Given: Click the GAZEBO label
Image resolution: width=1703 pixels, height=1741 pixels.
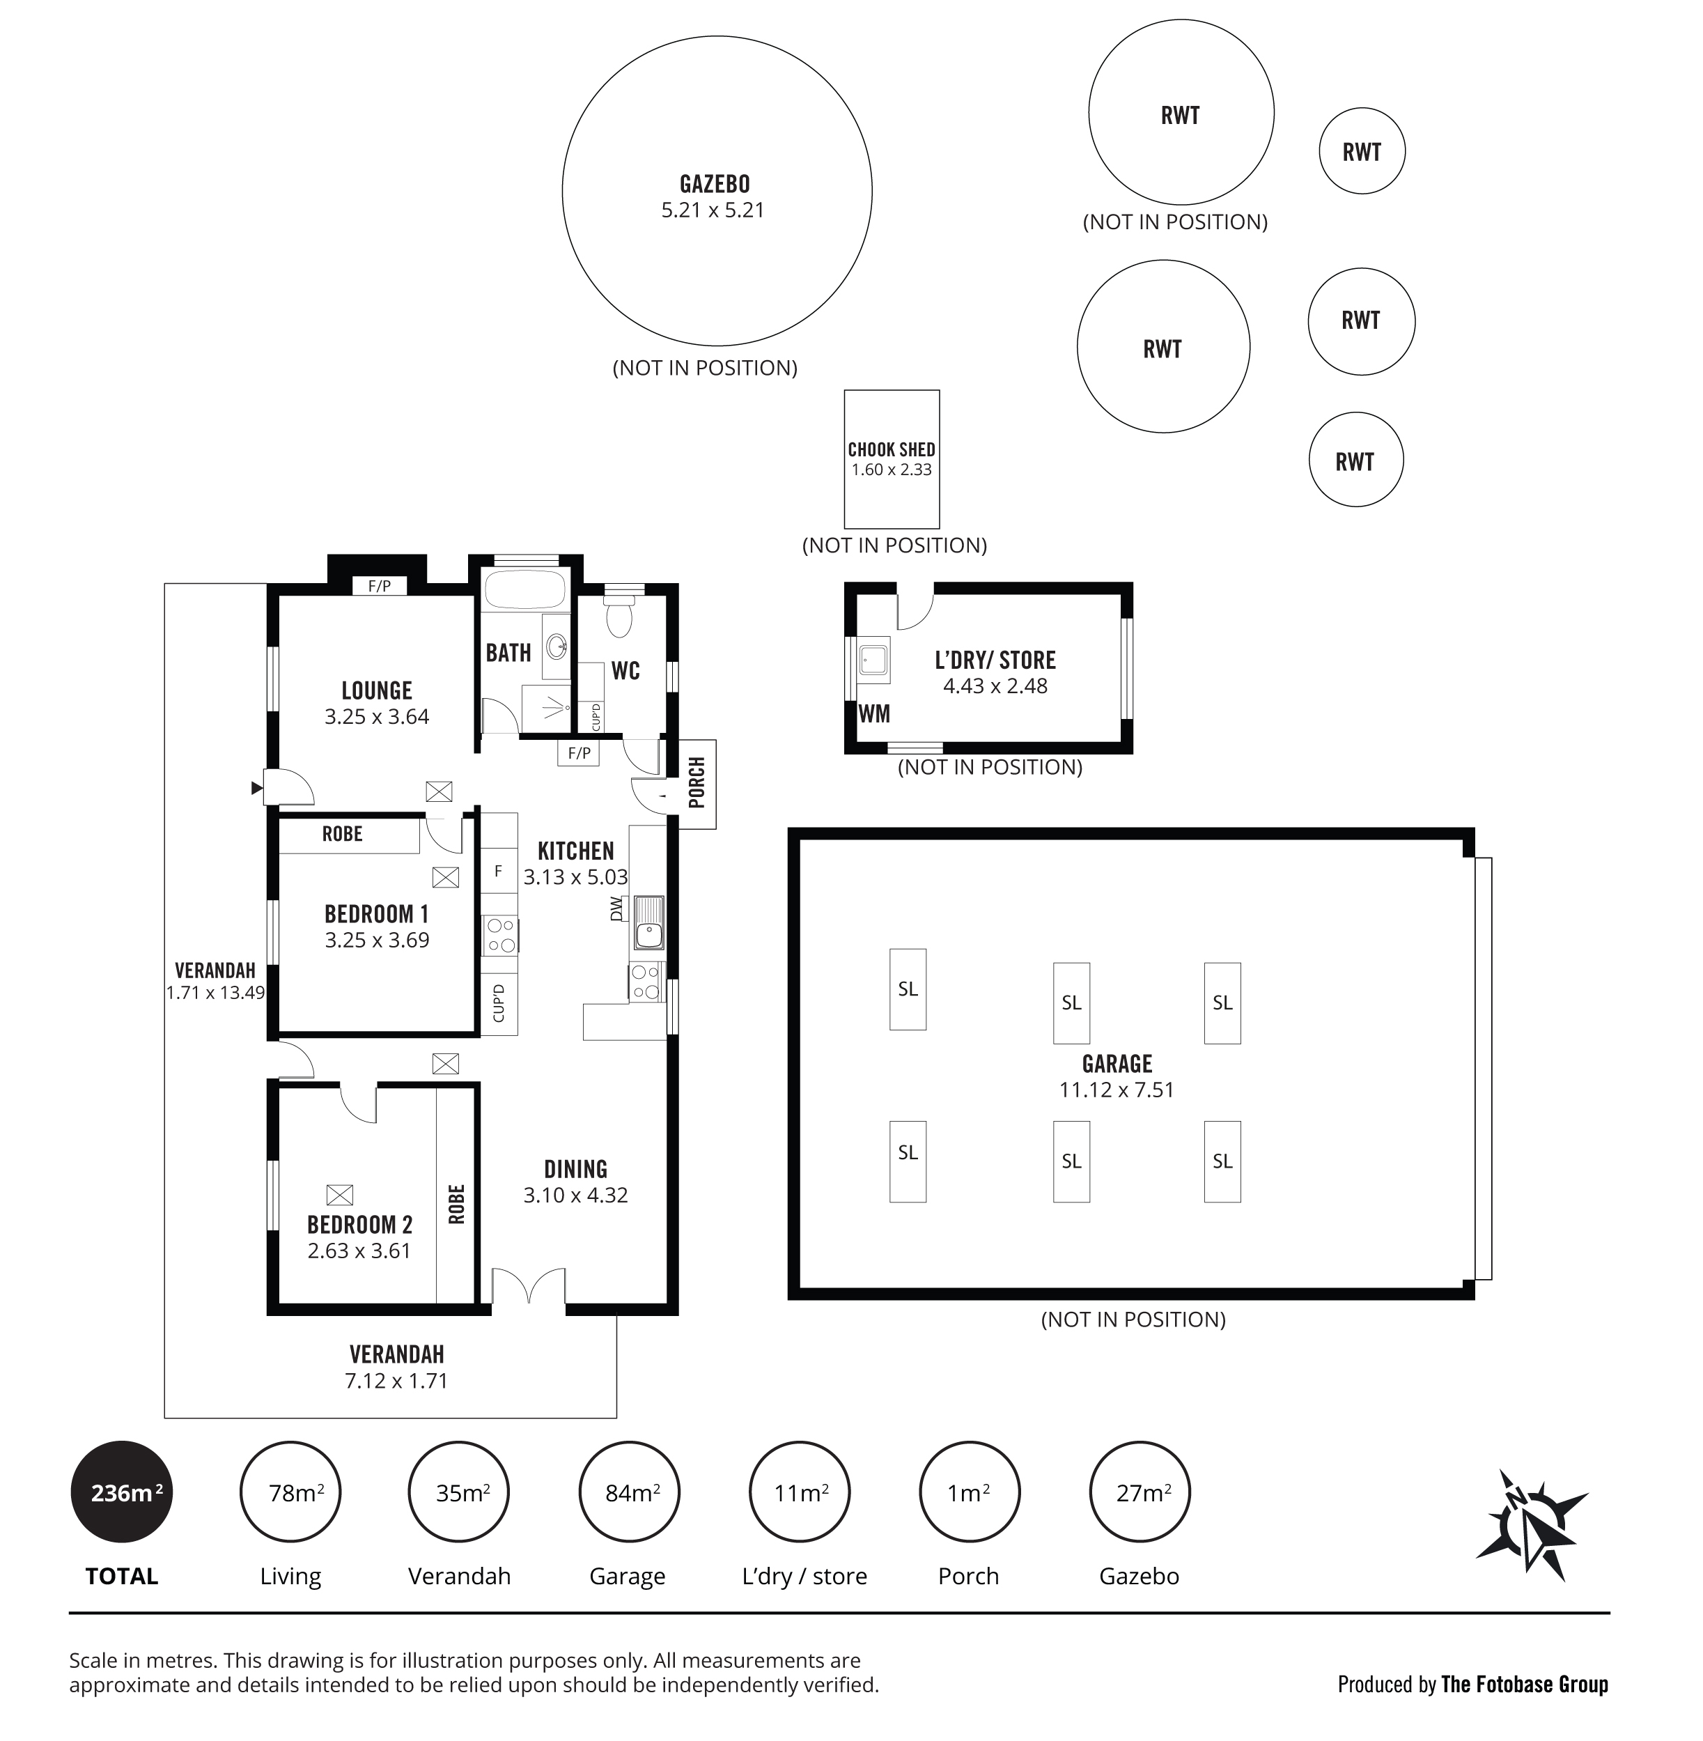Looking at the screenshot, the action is pos(715,185).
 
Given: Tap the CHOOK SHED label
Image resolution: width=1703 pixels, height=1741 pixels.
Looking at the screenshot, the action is pos(892,449).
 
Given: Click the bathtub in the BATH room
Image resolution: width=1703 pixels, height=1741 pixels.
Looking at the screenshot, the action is pos(525,591).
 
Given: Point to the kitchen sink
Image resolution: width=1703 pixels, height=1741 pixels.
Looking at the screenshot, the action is pos(648,922).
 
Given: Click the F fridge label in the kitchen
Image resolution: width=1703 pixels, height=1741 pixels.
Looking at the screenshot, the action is pos(498,871).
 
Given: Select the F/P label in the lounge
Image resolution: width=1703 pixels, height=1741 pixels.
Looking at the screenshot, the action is pos(379,586).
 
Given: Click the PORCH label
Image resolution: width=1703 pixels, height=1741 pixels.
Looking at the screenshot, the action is pos(697,783).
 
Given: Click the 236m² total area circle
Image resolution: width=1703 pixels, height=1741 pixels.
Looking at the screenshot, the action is pos(122,1492).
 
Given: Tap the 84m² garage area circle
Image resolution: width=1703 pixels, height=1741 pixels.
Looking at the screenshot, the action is pos(630,1492).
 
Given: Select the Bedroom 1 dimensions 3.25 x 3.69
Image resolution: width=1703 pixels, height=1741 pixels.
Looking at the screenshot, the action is pos(377,941).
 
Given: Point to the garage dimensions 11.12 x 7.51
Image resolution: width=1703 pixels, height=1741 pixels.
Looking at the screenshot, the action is pos(1117,1090).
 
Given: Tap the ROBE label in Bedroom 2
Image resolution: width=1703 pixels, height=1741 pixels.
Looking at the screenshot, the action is pos(456,1204).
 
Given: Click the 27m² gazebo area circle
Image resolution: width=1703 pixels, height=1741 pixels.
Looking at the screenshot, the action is pos(1140,1492).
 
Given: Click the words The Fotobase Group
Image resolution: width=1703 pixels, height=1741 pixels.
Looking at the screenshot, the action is pos(1525,1685).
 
